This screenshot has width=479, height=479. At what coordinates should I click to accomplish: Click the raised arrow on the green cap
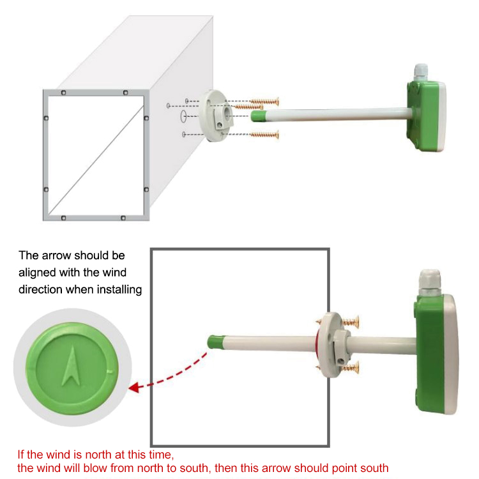(72, 367)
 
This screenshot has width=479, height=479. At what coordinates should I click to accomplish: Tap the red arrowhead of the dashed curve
(134, 388)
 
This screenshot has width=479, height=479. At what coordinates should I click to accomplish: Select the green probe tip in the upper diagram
(259, 116)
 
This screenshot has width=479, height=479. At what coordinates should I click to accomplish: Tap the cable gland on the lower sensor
(430, 282)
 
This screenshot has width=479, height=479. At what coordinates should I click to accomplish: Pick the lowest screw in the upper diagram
(264, 135)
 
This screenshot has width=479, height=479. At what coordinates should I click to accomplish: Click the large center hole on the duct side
(183, 116)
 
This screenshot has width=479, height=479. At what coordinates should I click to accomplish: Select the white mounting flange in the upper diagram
(215, 115)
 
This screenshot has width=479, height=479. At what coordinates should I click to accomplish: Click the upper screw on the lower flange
(350, 322)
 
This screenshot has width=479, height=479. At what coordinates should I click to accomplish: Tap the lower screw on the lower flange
(350, 367)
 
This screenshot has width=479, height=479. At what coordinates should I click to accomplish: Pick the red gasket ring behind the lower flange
(317, 345)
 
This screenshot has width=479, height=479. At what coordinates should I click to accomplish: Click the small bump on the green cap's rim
(110, 372)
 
